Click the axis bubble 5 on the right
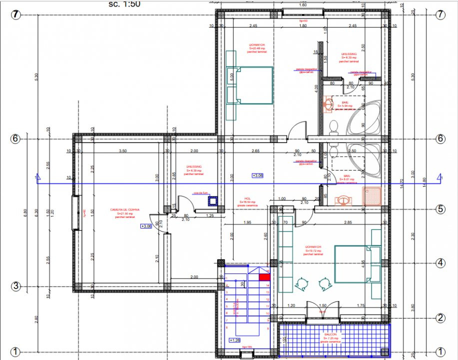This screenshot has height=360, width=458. [x=440, y=209]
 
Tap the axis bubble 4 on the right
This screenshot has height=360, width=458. [x=440, y=262]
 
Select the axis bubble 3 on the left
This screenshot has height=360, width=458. [x=16, y=286]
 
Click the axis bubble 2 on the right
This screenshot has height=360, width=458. [x=440, y=317]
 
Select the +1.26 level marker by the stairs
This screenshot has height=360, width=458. [x=234, y=340]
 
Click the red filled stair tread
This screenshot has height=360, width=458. [x=264, y=276]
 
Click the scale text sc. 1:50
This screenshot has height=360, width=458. [x=124, y=4]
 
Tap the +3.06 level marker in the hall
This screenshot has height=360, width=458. [x=258, y=175]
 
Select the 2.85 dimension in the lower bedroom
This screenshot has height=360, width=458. [x=348, y=221]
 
